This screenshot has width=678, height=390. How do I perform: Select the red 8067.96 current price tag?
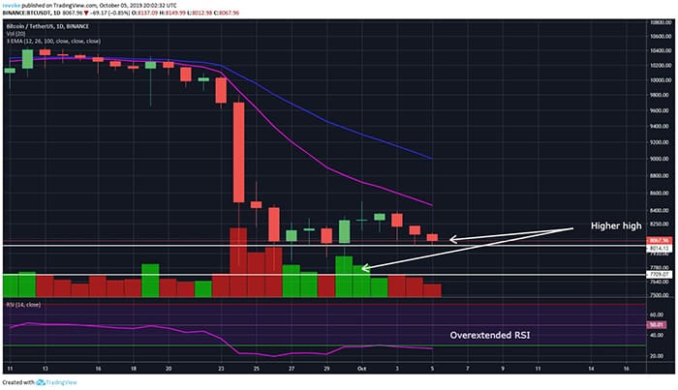pyautogui.click(x=662, y=239)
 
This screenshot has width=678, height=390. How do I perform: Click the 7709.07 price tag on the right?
pyautogui.click(x=662, y=275)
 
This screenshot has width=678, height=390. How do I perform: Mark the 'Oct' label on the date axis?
pyautogui.click(x=360, y=369)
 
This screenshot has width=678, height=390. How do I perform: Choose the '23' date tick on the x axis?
pyautogui.click(x=221, y=369)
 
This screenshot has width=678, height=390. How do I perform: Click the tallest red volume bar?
pyautogui.click(x=238, y=261)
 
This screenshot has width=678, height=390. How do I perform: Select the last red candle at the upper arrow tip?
pyautogui.click(x=432, y=237)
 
